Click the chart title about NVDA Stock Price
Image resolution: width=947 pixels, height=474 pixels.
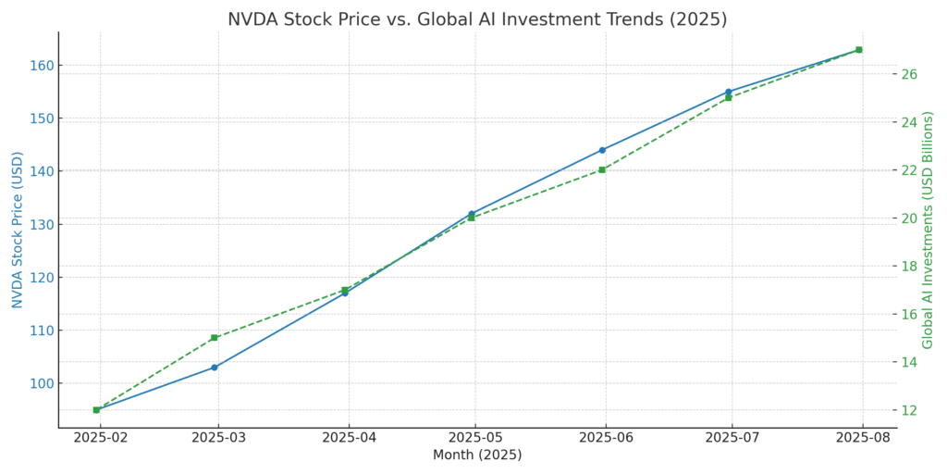477,19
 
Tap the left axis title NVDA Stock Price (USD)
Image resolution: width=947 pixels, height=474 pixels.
18,230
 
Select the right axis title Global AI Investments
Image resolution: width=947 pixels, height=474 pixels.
928,230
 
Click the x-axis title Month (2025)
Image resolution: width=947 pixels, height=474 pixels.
477,455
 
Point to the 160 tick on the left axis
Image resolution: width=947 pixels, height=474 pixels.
40,66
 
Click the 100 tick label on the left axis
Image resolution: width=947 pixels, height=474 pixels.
40,383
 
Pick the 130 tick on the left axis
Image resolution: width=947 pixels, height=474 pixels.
40,224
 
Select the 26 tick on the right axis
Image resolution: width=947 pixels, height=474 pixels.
909,74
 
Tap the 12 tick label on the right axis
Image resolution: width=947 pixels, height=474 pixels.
909,410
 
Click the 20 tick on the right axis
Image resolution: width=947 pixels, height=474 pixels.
909,218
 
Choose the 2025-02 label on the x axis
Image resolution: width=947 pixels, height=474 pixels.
100,437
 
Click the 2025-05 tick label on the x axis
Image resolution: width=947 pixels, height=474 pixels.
475,437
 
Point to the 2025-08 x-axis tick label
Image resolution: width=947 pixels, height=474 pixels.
863,437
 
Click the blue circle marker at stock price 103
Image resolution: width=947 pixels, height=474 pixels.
215,368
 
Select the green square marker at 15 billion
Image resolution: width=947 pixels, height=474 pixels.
215,338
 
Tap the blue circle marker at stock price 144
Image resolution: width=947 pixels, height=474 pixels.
602,150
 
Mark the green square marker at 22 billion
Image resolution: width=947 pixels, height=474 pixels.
602,169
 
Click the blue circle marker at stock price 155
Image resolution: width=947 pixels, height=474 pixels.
728,92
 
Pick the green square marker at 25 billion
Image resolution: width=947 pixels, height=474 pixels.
728,97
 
